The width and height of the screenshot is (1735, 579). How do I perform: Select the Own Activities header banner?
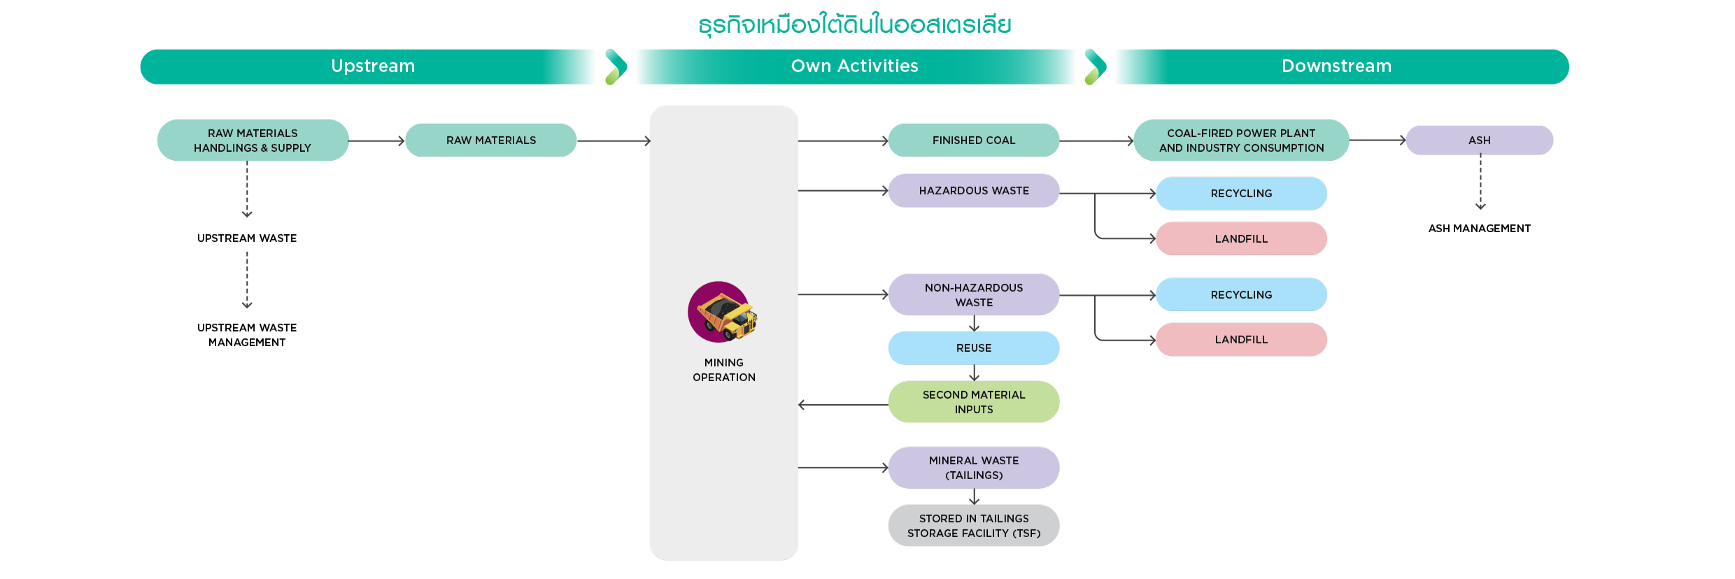[855, 66]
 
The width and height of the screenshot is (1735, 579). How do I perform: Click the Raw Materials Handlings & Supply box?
[253, 141]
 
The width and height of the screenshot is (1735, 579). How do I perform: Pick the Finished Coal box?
[973, 141]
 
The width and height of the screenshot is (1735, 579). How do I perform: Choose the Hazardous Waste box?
[973, 191]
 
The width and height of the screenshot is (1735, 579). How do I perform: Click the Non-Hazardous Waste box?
[973, 294]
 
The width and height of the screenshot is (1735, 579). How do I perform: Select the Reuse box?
[973, 348]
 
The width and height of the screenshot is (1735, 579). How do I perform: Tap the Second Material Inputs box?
[973, 402]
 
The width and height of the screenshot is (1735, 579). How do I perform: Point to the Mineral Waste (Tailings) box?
[973, 468]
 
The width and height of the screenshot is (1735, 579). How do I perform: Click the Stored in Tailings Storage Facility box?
[973, 526]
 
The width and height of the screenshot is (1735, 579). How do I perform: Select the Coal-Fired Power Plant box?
[1241, 141]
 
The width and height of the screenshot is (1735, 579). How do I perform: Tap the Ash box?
[1479, 141]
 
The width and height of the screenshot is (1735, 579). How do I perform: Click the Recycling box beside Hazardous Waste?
[1241, 194]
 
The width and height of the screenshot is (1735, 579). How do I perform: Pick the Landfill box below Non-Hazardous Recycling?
[1241, 340]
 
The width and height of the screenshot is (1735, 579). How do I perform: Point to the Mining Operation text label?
[723, 370]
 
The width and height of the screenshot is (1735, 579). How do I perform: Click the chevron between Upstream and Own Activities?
[616, 66]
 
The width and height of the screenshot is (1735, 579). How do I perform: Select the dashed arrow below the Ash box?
[1480, 182]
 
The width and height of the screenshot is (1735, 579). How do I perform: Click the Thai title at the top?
[854, 25]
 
